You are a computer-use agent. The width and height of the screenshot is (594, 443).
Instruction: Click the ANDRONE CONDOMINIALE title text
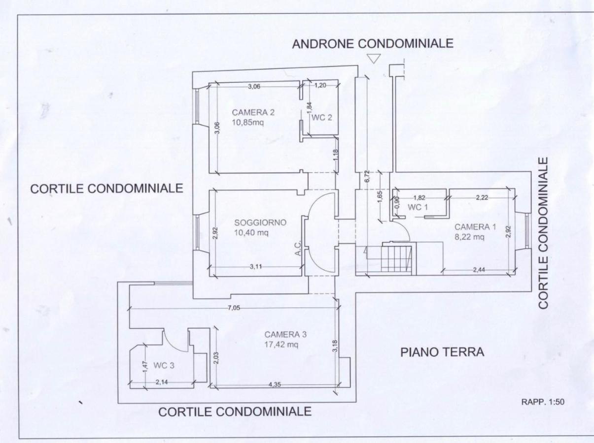373,44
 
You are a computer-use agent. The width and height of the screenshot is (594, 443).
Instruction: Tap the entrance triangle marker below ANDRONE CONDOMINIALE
374,59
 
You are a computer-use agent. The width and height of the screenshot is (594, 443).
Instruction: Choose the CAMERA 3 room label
285,334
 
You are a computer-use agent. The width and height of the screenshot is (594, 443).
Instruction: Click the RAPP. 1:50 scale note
542,402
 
